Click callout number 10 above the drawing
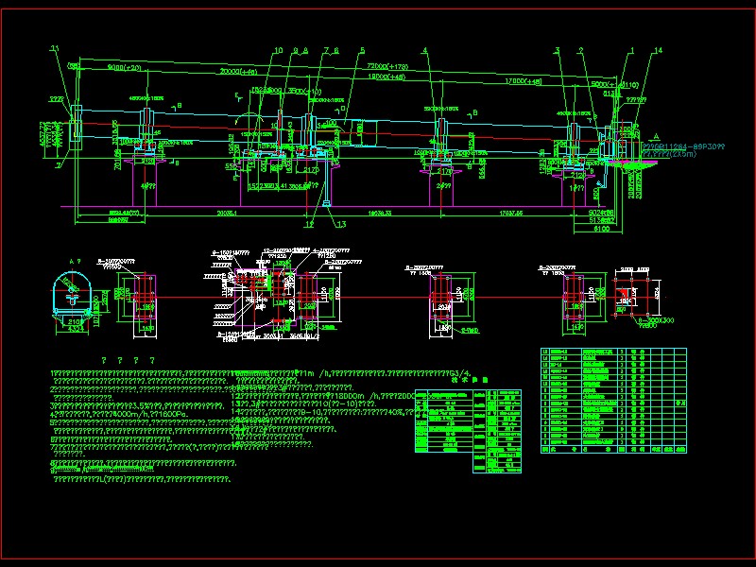pos(278,50)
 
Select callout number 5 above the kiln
pos(362,50)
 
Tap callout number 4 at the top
pos(425,50)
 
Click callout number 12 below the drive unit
pos(308,224)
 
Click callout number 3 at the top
pos(558,50)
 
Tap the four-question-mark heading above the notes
pos(128,361)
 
